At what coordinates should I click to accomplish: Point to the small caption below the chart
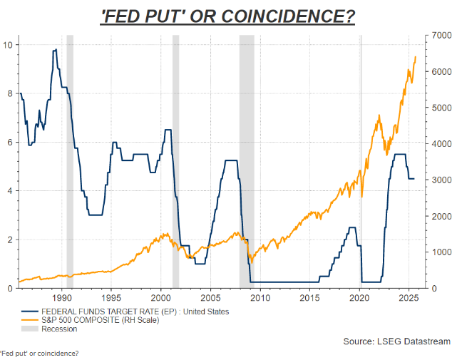point(40,354)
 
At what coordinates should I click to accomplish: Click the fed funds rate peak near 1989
point(55,50)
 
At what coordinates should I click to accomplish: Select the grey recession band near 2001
point(175,160)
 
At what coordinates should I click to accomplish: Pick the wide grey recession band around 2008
point(247,160)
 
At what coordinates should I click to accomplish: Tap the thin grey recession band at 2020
point(360,160)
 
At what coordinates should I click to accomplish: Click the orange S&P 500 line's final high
point(416,57)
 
